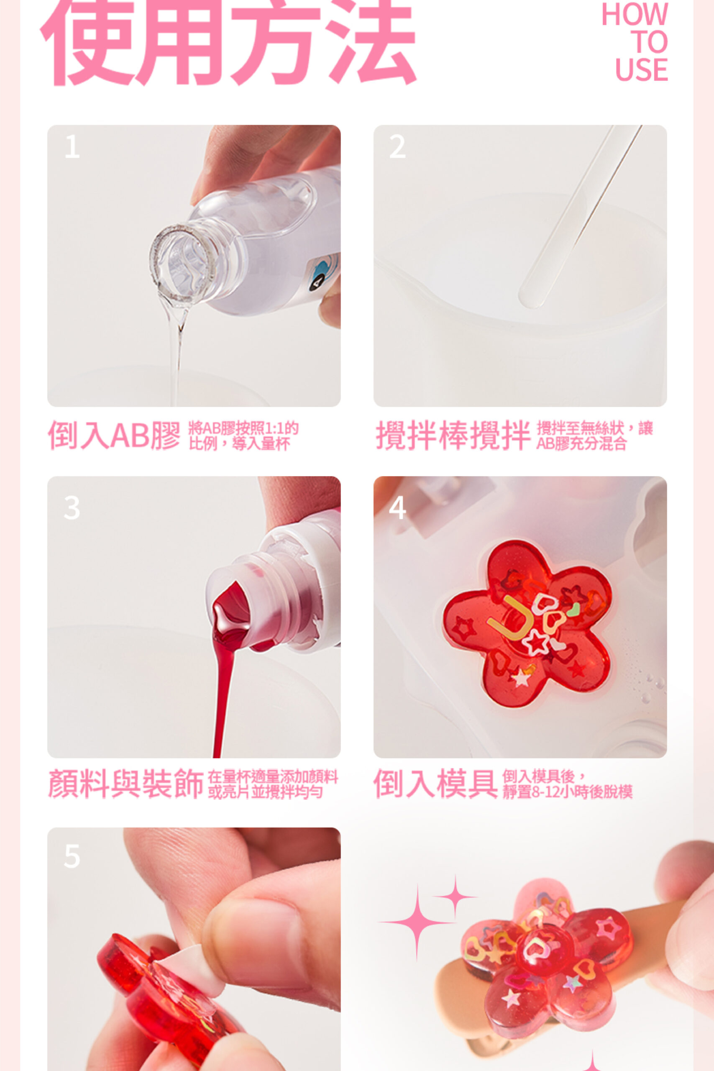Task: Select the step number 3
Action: point(72,508)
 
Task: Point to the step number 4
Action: point(397,508)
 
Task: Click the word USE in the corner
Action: point(641,70)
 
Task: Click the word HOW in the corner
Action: point(635,15)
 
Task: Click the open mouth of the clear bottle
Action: point(182,263)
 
